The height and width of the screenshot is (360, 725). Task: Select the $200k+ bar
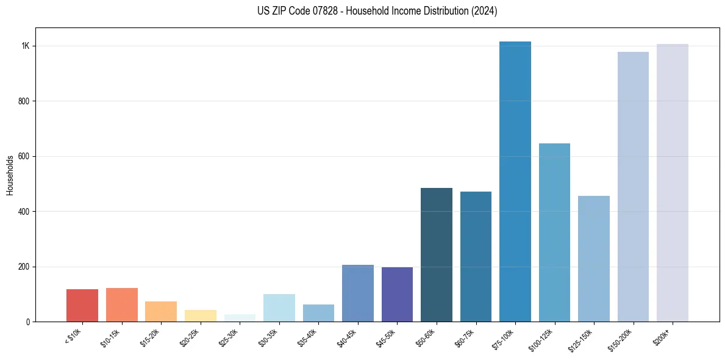coord(672,183)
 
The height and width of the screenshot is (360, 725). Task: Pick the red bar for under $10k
coord(82,306)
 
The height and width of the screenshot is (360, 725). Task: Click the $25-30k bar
coord(240,318)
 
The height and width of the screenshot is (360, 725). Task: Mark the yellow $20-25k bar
coord(201,315)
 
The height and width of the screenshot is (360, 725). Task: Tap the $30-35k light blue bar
coord(279,308)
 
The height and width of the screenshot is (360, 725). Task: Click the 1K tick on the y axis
coord(26,46)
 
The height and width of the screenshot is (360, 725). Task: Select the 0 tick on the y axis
coord(27,322)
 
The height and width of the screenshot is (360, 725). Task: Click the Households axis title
coord(10,175)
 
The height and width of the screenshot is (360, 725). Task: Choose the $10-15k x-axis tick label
coord(110,337)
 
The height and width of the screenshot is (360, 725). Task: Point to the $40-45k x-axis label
coord(346,337)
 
